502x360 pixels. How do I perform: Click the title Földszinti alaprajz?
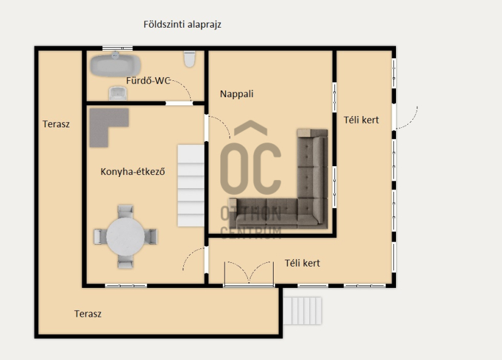tap(182, 24)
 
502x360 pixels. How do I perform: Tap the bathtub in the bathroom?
tap(115, 65)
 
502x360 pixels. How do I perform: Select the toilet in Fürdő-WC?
tap(190, 59)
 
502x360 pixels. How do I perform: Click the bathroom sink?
tap(118, 93)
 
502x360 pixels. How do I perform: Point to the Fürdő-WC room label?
tap(148, 81)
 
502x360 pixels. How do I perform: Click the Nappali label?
tap(237, 94)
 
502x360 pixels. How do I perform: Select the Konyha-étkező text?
tap(132, 172)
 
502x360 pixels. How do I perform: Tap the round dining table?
tap(125, 236)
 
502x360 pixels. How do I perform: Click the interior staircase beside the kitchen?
tap(191, 186)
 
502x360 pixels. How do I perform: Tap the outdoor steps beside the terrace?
tap(302, 310)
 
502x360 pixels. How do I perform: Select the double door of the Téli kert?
tap(248, 273)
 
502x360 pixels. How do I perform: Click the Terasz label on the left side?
tap(56, 124)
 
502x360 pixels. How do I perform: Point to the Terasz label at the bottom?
tap(88, 314)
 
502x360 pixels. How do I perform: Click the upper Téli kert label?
tap(361, 120)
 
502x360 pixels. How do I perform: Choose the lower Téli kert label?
tap(302, 263)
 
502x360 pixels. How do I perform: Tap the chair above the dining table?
tap(125, 211)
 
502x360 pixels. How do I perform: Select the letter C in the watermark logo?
tap(264, 169)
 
